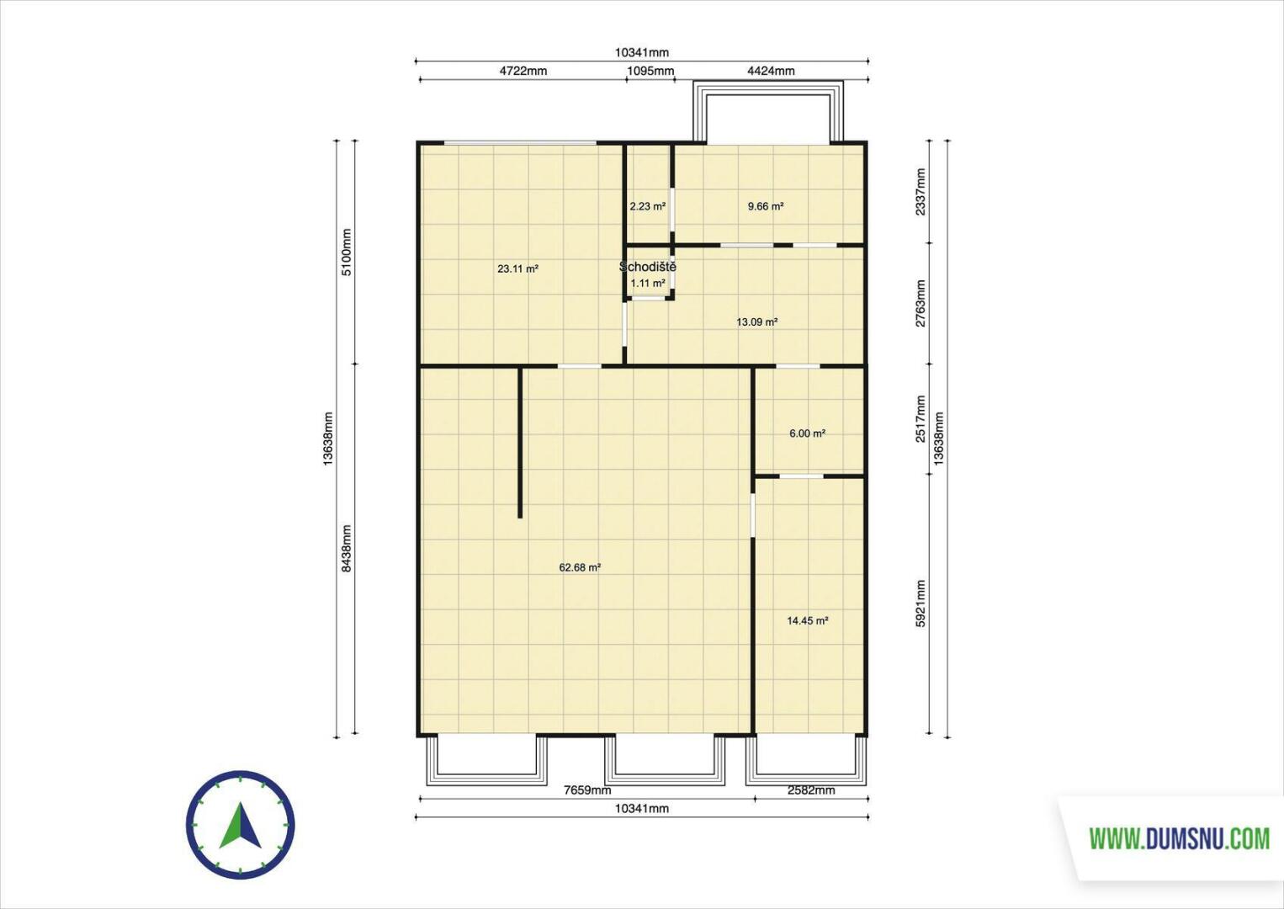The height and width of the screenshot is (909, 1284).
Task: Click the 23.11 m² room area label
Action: [x=517, y=268]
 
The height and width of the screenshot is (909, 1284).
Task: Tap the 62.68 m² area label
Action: [x=580, y=567]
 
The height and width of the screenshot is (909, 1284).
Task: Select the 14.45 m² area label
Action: [x=807, y=620]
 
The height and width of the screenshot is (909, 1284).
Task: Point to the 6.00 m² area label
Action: [x=807, y=433]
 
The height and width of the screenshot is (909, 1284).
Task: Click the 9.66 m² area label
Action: [x=765, y=206]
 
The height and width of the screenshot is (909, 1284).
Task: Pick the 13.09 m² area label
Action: [x=756, y=322]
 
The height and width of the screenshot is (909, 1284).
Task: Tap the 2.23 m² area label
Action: [x=647, y=206]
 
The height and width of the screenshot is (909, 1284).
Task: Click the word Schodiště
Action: [x=648, y=267]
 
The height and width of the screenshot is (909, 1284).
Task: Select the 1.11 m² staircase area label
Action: [x=648, y=283]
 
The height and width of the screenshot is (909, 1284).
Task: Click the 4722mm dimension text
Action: [x=523, y=71]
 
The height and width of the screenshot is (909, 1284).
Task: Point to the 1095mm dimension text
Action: [x=650, y=71]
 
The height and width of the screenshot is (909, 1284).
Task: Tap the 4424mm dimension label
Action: [x=771, y=71]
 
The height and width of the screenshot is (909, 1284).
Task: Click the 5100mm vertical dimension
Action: [x=346, y=252]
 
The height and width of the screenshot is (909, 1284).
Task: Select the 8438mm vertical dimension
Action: [x=346, y=549]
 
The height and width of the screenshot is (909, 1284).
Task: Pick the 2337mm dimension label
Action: [x=921, y=192]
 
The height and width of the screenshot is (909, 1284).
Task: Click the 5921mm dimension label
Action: [x=921, y=604]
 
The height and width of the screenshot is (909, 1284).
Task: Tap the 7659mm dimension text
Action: [x=587, y=789]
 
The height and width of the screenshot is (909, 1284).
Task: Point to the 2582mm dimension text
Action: [x=811, y=789]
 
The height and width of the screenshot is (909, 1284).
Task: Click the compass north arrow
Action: [x=241, y=826]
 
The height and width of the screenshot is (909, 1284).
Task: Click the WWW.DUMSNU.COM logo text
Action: [x=1179, y=839]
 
